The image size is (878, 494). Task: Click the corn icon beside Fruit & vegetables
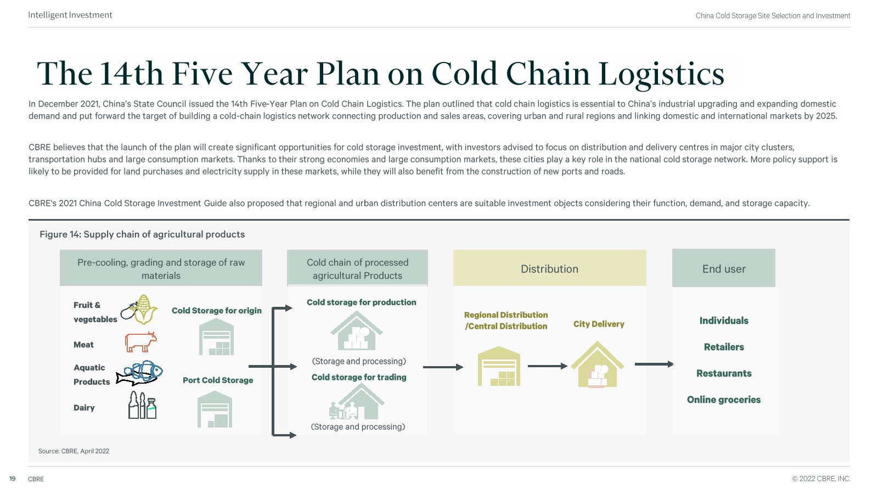pyautogui.click(x=141, y=310)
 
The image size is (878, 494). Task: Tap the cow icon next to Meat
pyautogui.click(x=140, y=342)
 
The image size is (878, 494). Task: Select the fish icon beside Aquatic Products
pyautogui.click(x=141, y=373)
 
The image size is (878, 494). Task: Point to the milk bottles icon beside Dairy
pyautogui.click(x=142, y=406)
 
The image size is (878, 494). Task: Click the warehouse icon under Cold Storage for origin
pyautogui.click(x=216, y=337)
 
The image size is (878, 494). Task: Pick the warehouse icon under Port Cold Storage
pyautogui.click(x=215, y=409)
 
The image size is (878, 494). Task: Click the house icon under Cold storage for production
pyautogui.click(x=357, y=331)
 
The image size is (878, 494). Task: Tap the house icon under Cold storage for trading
pyautogui.click(x=357, y=402)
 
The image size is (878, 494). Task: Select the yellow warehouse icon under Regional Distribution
pyautogui.click(x=499, y=366)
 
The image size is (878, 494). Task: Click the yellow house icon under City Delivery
pyautogui.click(x=598, y=364)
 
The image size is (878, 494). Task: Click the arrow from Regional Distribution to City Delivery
pyautogui.click(x=547, y=366)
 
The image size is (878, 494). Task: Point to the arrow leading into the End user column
pyautogui.click(x=654, y=364)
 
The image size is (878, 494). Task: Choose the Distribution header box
pyautogui.click(x=549, y=268)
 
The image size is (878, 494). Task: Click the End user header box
pyautogui.click(x=724, y=268)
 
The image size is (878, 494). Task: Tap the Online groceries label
pyautogui.click(x=724, y=400)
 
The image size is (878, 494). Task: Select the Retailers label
pyautogui.click(x=724, y=347)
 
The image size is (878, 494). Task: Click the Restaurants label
pyautogui.click(x=724, y=373)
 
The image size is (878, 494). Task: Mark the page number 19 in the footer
pyautogui.click(x=12, y=479)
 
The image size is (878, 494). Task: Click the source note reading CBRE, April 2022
pyautogui.click(x=74, y=451)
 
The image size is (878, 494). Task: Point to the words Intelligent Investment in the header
pyautogui.click(x=70, y=15)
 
